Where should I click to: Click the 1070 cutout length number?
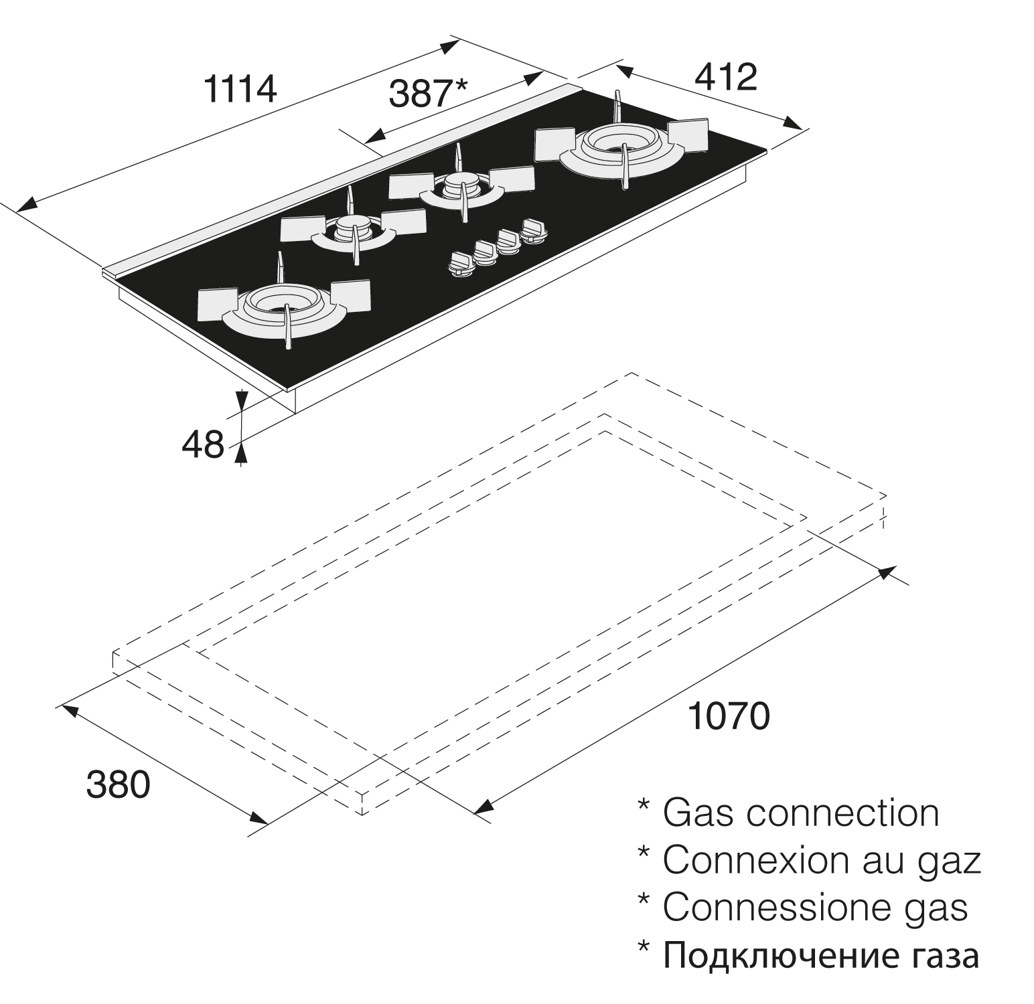(x=729, y=716)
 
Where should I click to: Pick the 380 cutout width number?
(x=118, y=784)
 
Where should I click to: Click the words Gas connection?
(x=800, y=813)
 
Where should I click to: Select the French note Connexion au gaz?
(x=821, y=861)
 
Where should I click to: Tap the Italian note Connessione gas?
(x=815, y=908)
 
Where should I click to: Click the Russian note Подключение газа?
(x=821, y=955)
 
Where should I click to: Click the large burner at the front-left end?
(x=284, y=307)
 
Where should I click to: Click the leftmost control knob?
(x=462, y=262)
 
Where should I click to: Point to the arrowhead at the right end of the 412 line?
(x=793, y=124)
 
